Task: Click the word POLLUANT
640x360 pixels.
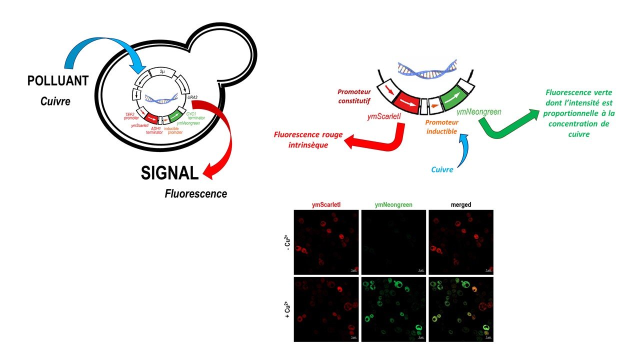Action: tap(58, 81)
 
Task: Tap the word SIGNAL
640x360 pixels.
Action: tap(169, 173)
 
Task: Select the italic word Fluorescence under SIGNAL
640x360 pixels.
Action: tap(196, 193)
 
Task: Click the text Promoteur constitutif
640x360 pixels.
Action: tap(355, 95)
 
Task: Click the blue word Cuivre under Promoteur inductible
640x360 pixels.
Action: tap(442, 169)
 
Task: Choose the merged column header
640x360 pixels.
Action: tap(460, 204)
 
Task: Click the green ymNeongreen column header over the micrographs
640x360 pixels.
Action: tap(393, 204)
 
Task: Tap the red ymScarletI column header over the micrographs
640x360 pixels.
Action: tap(325, 204)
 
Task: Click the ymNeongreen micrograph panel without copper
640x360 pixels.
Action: tap(393, 241)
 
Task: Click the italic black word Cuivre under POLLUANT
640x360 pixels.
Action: tap(55, 101)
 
